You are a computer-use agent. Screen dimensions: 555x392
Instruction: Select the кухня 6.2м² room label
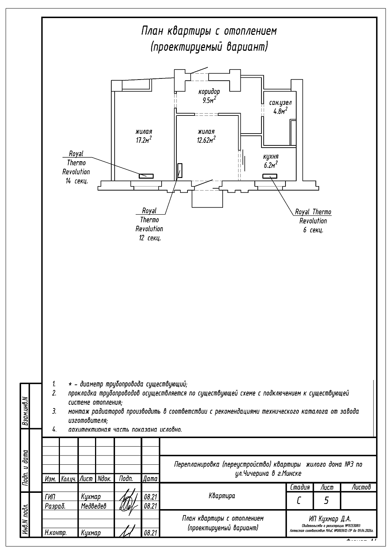coord(271,161)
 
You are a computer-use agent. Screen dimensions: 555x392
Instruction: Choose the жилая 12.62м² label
coord(206,135)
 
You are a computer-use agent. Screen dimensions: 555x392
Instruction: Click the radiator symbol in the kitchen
coord(270,176)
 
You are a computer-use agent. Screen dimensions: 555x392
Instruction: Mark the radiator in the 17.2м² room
coord(146,176)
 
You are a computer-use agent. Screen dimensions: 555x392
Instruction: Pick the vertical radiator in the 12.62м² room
coord(180,171)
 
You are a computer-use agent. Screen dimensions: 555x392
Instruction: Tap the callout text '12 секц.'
coord(149,238)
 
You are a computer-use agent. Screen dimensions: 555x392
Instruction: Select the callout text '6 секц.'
coord(313,230)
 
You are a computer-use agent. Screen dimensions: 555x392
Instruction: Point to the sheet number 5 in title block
coord(326,500)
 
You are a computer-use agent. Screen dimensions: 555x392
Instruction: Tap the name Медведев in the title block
coord(93,505)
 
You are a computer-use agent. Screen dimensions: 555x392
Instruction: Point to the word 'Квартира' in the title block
coord(222,495)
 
